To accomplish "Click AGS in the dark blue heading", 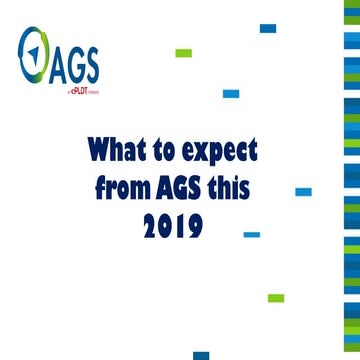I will (186, 187).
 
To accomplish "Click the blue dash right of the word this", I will (303, 190).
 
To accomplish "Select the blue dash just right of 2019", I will (252, 234).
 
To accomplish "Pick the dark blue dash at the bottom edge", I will (201, 355).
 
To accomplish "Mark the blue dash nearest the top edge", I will (267, 29).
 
